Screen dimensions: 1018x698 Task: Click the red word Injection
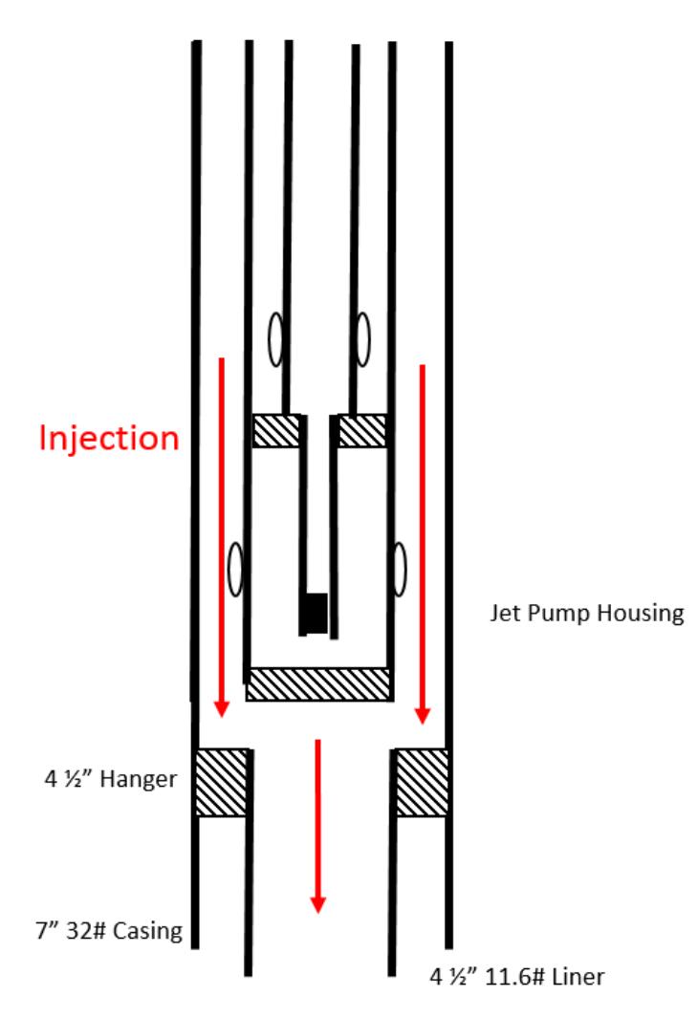coord(109,438)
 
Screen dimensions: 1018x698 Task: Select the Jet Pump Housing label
coord(586,613)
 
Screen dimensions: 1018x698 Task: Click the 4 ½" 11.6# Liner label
coord(516,977)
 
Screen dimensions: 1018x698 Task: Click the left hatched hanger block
coord(221,783)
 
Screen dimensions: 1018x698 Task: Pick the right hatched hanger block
coord(422,783)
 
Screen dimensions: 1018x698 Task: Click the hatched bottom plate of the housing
coord(319,683)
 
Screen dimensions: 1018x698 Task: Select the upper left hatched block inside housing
coord(275,431)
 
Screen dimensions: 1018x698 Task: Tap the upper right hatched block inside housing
coord(362,431)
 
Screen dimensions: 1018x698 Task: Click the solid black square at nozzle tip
coord(315,609)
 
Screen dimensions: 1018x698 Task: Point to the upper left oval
coord(276,339)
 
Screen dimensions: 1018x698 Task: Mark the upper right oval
coord(363,337)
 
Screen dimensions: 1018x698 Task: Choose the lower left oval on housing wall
coord(235,570)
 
